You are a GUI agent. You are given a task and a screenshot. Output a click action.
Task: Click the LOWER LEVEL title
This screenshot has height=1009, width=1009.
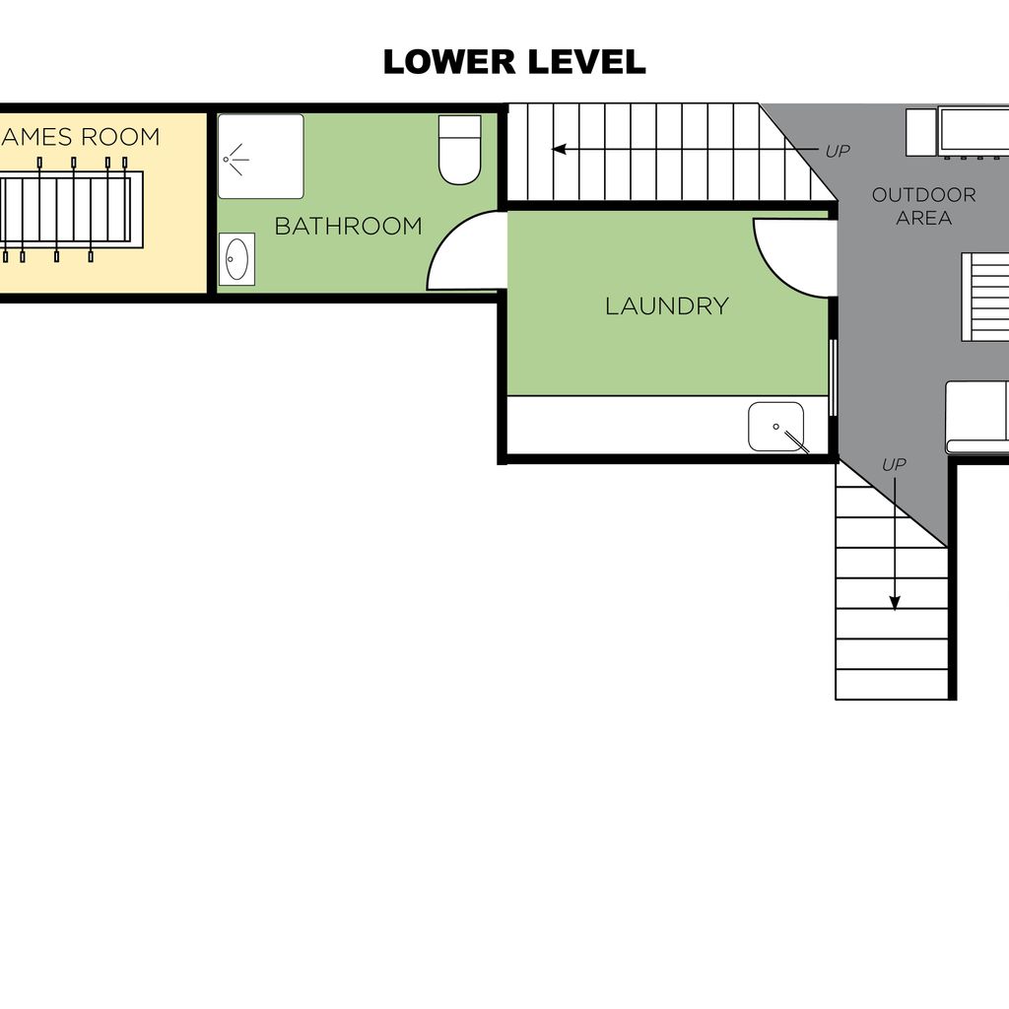click(514, 62)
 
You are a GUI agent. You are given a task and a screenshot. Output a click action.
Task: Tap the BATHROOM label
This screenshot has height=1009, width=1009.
click(348, 226)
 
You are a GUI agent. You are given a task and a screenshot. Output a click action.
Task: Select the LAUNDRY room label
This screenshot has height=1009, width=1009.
click(667, 305)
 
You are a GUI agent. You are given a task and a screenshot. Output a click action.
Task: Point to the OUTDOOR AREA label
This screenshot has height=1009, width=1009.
click(923, 206)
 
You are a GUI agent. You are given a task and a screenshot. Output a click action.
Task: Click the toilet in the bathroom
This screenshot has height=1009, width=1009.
click(459, 150)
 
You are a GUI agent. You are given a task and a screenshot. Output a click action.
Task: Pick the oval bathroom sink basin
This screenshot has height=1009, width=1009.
click(236, 259)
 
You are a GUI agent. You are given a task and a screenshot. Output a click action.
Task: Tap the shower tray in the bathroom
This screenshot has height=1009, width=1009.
click(260, 157)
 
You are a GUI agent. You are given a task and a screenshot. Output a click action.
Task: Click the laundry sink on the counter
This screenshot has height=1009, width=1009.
click(776, 427)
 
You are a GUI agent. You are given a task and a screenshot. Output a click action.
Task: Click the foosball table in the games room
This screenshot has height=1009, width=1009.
click(70, 210)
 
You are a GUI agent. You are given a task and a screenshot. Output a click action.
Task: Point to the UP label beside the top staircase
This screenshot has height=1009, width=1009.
click(838, 151)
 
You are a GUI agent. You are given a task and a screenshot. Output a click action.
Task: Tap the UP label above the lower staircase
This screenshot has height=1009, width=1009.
click(894, 465)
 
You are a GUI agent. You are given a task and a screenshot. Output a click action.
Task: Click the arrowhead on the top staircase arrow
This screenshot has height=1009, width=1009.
click(559, 150)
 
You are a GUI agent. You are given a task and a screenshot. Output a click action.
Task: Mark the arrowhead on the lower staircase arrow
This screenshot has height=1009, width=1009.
click(895, 604)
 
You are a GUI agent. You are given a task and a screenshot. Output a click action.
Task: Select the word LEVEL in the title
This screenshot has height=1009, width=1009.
click(586, 62)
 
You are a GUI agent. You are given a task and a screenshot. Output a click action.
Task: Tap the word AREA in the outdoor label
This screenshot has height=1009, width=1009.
click(923, 218)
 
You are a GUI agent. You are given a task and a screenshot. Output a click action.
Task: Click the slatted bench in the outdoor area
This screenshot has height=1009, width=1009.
click(985, 297)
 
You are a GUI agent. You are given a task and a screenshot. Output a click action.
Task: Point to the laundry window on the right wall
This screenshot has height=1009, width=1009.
click(834, 377)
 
